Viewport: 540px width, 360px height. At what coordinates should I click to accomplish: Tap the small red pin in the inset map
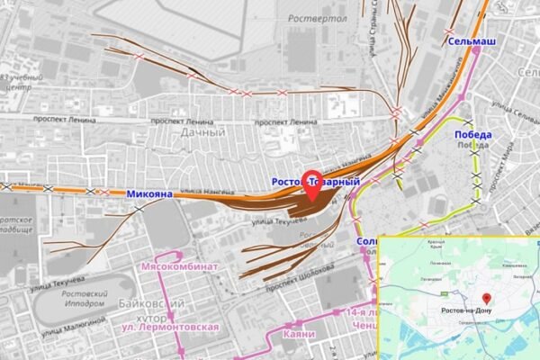pyautogui.click(x=486, y=298)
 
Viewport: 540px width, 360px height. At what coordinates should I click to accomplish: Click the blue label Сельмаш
pyautogui.click(x=472, y=42)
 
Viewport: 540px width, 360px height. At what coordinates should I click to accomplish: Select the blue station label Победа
pyautogui.click(x=472, y=135)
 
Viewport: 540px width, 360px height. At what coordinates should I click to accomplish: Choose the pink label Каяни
pyautogui.click(x=297, y=335)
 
